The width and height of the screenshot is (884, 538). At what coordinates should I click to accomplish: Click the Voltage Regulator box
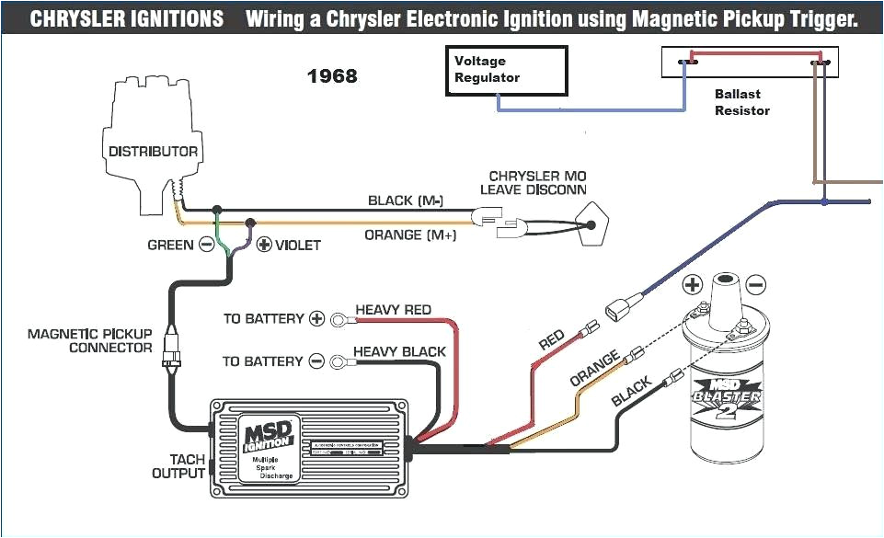(506, 69)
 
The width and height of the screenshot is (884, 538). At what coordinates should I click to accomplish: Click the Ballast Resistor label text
(741, 102)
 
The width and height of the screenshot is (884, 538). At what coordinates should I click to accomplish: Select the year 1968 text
(332, 76)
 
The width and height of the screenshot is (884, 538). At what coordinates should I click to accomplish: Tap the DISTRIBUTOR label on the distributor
(153, 151)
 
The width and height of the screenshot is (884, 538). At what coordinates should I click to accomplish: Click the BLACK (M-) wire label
(406, 200)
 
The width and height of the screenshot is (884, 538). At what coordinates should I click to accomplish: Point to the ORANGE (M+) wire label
(410, 235)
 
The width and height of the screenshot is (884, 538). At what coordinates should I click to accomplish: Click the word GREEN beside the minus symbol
(170, 245)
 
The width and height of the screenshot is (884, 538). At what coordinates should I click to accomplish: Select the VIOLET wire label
(298, 245)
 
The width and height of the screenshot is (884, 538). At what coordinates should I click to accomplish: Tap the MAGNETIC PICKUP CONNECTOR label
(89, 340)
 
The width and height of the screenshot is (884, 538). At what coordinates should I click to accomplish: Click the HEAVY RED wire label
(393, 310)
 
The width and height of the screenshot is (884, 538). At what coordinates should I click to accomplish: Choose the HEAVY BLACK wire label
(399, 351)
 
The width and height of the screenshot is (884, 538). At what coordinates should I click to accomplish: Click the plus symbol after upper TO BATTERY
(316, 319)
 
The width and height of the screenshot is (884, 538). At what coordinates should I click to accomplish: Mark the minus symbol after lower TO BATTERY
(316, 361)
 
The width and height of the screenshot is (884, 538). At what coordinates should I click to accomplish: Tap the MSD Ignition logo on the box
(269, 433)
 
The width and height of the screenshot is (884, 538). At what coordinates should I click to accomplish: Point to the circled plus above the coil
(693, 284)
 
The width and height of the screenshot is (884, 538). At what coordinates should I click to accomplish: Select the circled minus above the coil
(755, 284)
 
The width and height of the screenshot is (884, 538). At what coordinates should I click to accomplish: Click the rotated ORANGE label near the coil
(594, 370)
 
